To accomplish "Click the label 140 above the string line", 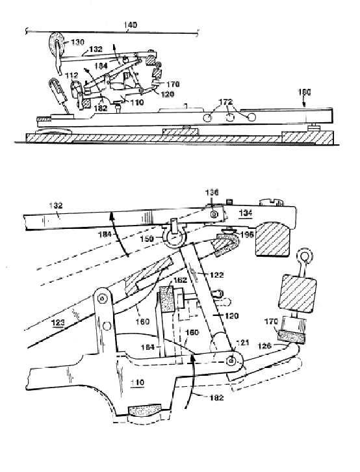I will (x=132, y=25).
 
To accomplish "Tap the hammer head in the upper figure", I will (x=53, y=47).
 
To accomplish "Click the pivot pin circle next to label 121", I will (x=230, y=360).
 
